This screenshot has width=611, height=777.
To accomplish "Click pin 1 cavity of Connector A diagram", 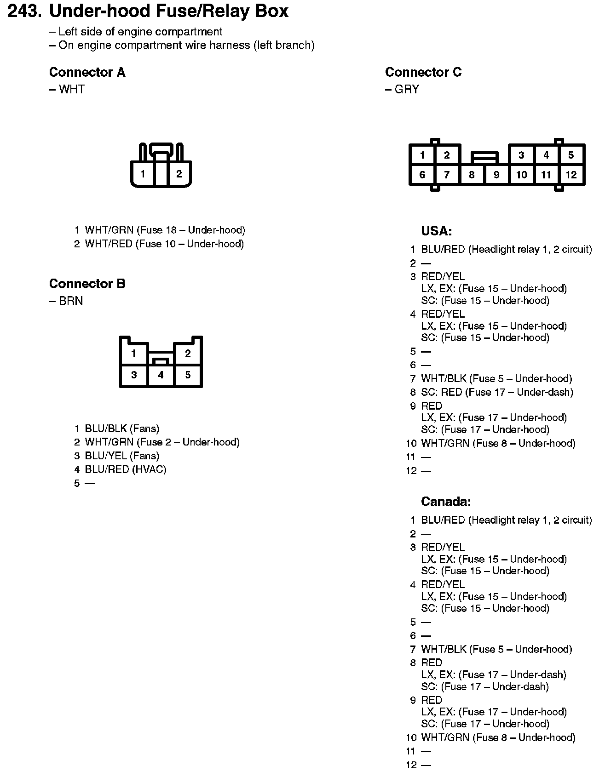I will pos(143,174).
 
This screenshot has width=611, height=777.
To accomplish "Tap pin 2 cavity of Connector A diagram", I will pos(179,174).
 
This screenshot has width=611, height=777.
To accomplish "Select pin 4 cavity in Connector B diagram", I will pos(161,375).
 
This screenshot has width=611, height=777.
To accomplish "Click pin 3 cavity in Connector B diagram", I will pos(134,375).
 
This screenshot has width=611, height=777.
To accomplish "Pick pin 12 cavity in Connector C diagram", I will pos(571,175).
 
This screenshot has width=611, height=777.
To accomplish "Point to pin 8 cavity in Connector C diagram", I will pos(472,175).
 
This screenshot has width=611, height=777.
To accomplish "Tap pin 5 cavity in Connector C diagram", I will pos(571,155).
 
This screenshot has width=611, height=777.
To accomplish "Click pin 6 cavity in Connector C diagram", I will pos(422,175).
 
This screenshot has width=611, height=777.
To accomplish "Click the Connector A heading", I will pos(87,72).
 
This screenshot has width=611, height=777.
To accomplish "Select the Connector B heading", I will pos(87,284).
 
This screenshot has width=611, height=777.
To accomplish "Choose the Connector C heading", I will pos(423,72).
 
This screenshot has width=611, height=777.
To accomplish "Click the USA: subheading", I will pos(436,231).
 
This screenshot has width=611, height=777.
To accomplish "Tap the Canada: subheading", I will pos(446,502).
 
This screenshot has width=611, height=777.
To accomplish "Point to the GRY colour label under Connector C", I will pos(407,89).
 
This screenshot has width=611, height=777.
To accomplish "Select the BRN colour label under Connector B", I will pos(71,301).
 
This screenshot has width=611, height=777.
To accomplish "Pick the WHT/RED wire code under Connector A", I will pos(109,244).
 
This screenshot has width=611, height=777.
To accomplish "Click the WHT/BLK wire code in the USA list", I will pos(444,378).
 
